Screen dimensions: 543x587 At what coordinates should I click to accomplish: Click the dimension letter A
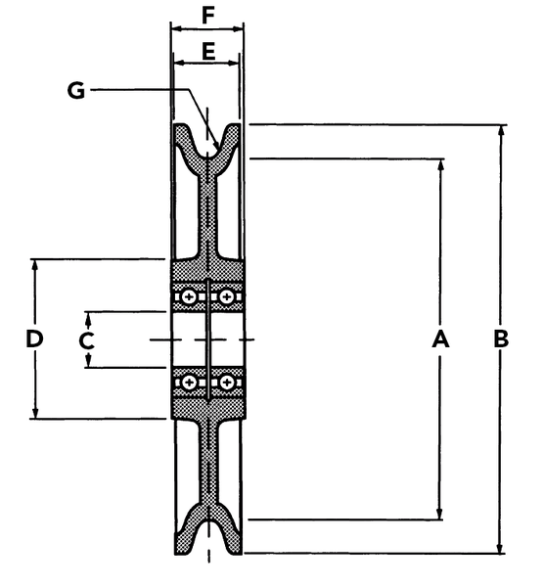click(440, 339)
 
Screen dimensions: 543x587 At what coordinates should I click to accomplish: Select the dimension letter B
click(501, 339)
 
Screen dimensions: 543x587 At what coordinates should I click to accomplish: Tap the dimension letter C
click(86, 340)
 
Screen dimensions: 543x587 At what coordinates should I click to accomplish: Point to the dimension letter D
click(34, 339)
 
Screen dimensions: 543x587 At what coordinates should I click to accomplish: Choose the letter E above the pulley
click(208, 51)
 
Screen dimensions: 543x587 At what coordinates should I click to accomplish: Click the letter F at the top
click(207, 16)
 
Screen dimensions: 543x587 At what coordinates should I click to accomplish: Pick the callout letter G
click(76, 90)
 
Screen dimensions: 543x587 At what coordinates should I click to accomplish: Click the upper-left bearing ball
click(190, 297)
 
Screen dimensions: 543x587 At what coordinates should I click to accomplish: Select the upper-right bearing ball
click(226, 297)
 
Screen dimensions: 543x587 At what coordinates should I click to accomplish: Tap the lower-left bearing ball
click(190, 383)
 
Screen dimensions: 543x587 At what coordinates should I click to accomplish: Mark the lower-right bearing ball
click(226, 383)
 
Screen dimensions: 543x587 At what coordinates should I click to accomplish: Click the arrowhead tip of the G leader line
click(219, 149)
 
